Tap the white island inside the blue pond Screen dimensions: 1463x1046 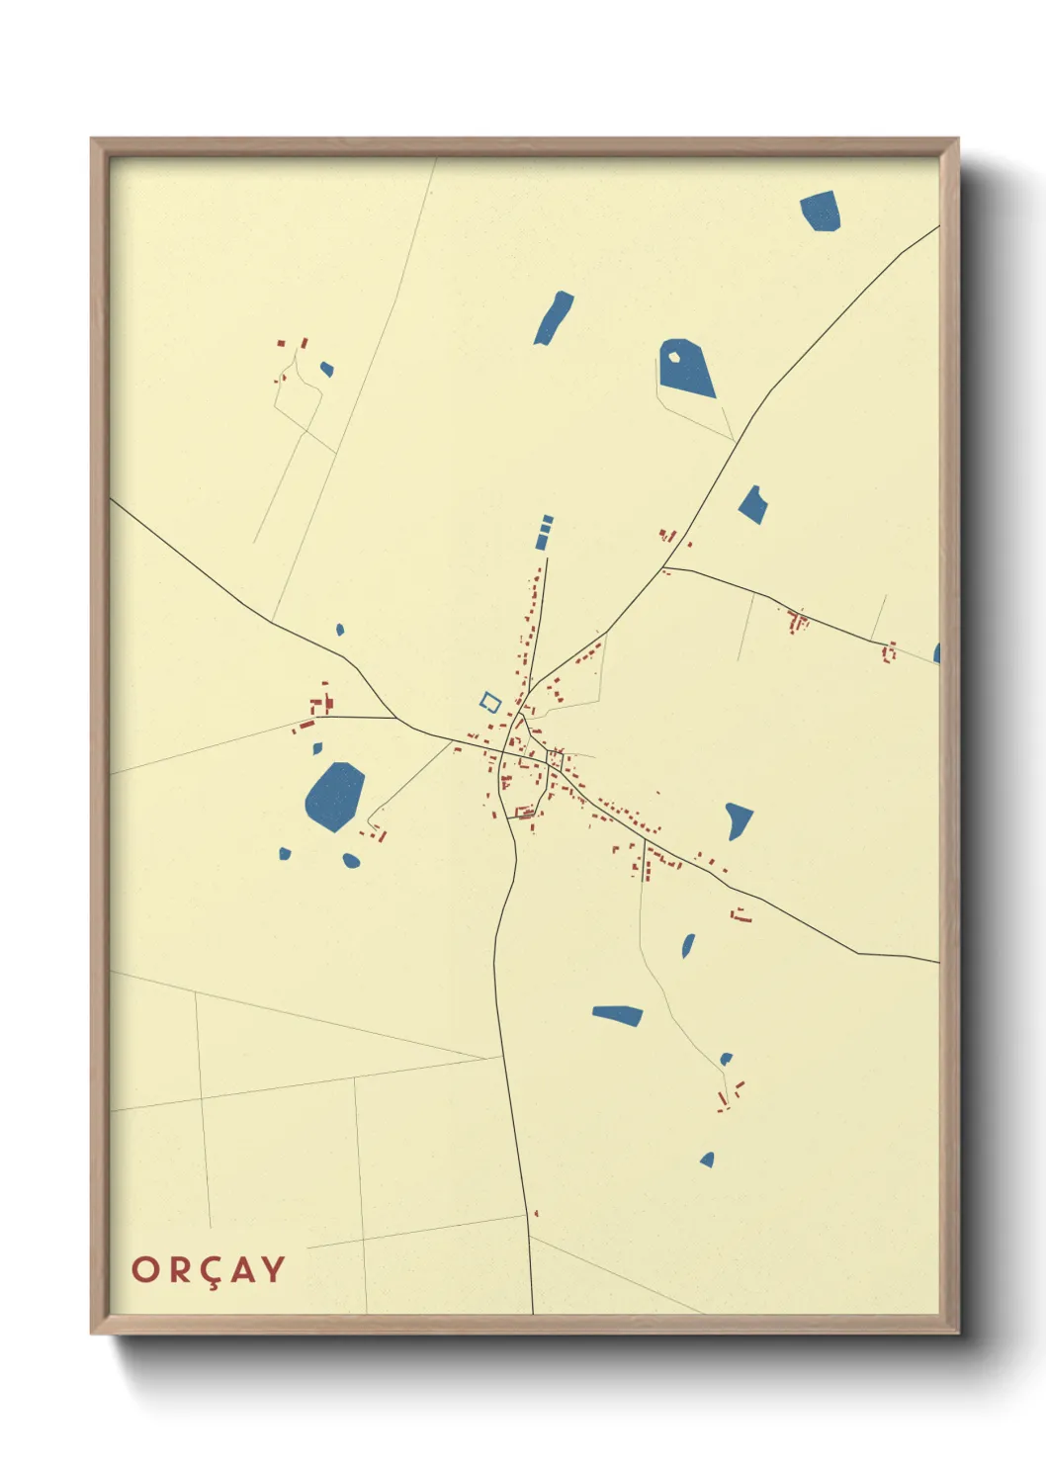tap(674, 357)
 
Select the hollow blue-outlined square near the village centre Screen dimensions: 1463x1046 tap(490, 702)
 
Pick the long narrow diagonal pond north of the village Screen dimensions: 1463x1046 tap(554, 317)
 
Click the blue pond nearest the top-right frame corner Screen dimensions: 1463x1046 tap(821, 212)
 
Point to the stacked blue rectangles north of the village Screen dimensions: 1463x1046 tap(544, 532)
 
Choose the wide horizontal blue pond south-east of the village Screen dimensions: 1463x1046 tap(619, 1015)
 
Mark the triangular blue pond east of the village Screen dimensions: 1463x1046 tap(738, 819)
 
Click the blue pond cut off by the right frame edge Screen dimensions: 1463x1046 tap(936, 653)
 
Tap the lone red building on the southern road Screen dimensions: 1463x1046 tap(536, 1213)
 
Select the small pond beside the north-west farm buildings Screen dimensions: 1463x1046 tap(326, 370)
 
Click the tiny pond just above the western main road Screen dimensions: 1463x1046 tap(340, 629)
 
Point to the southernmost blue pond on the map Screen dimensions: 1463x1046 tap(708, 1160)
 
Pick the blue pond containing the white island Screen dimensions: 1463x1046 tap(690, 371)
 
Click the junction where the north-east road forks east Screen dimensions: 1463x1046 tap(665, 566)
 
